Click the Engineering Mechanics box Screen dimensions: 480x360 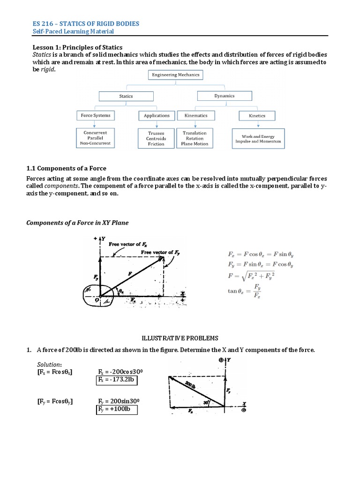(x=175, y=75)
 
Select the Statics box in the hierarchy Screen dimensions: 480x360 (x=126, y=96)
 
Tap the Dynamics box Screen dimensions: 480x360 (x=225, y=95)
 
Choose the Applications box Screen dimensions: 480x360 (x=157, y=115)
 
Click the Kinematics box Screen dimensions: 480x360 (x=196, y=115)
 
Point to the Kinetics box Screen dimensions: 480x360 (x=257, y=116)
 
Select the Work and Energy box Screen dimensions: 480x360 (x=258, y=139)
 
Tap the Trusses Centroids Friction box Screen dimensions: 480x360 (x=156, y=139)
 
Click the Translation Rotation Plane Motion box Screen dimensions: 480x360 (x=195, y=138)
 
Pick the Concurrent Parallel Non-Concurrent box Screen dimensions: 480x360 (x=95, y=138)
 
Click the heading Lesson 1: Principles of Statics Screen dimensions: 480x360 (x=77, y=47)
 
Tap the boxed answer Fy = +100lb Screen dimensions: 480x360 (x=116, y=410)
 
